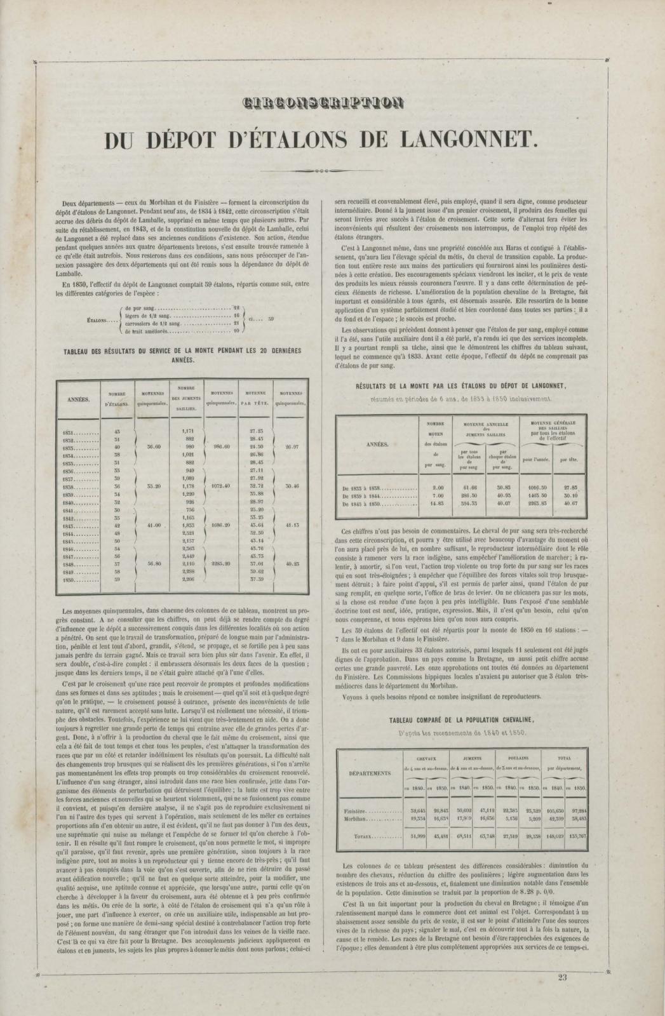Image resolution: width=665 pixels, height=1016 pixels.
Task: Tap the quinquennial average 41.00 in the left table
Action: tap(154, 526)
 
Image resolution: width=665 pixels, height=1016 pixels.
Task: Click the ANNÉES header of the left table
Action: tap(79, 399)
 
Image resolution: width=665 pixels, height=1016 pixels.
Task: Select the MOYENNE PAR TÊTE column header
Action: tap(254, 398)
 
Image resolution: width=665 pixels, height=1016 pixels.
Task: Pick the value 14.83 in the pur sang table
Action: tap(435, 504)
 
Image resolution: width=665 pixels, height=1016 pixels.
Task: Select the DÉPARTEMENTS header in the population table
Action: tap(370, 773)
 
